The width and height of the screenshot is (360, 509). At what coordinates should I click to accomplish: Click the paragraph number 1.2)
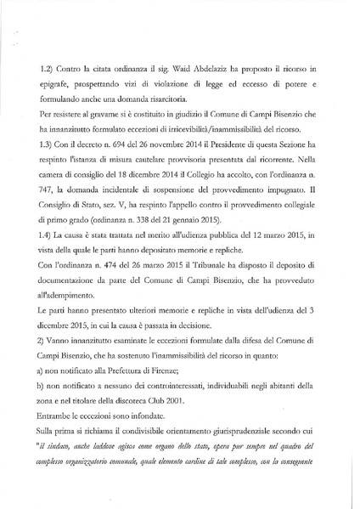click(x=49, y=64)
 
